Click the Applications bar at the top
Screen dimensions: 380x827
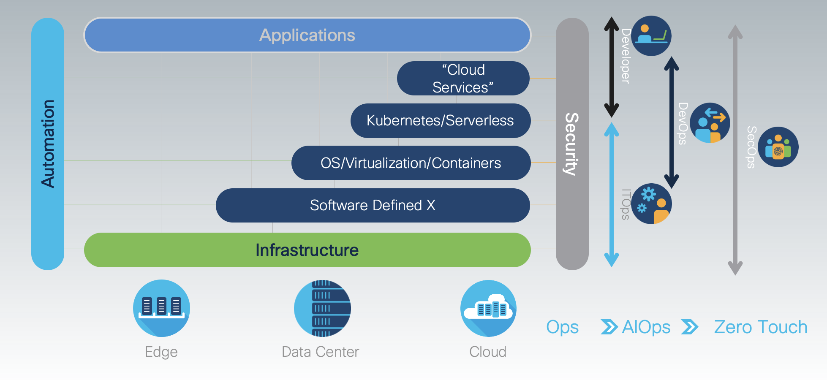pyautogui.click(x=307, y=35)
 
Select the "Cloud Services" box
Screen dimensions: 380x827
pyautogui.click(x=463, y=79)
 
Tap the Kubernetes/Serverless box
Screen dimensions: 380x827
pyautogui.click(x=440, y=121)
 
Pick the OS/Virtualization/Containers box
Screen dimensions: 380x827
pyautogui.click(x=411, y=163)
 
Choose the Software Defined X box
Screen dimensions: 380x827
pyautogui.click(x=373, y=205)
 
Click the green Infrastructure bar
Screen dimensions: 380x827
pyautogui.click(x=307, y=250)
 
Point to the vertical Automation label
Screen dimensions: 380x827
pyautogui.click(x=48, y=144)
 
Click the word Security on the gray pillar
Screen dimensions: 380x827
pyautogui.click(x=572, y=144)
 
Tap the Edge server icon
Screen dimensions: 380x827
pyautogui.click(x=161, y=308)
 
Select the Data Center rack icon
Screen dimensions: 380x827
pyautogui.click(x=322, y=308)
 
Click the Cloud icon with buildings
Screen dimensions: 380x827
pyautogui.click(x=488, y=308)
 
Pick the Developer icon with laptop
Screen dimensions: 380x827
pyautogui.click(x=651, y=36)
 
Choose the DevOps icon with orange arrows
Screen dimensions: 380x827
pyautogui.click(x=710, y=123)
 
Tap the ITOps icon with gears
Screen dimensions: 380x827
pyautogui.click(x=651, y=204)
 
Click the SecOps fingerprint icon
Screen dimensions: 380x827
pyautogui.click(x=778, y=147)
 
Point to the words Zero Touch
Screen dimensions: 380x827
pyautogui.click(x=760, y=327)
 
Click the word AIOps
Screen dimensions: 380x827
pyautogui.click(x=646, y=327)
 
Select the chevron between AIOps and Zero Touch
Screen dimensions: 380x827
pyautogui.click(x=690, y=327)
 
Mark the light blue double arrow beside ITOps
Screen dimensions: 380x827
pyautogui.click(x=611, y=194)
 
